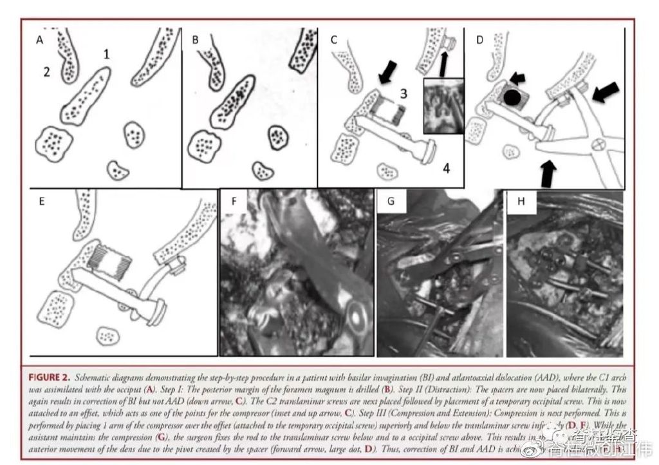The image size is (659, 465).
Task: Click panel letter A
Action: click(x=41, y=39)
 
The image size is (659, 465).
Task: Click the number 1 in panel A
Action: click(x=107, y=55)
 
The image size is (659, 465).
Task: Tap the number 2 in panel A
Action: click(x=46, y=71)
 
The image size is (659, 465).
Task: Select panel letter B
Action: click(x=195, y=39)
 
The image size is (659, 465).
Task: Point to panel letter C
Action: click(x=334, y=39)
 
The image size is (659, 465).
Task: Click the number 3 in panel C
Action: click(x=403, y=94)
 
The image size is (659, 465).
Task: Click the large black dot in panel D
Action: click(x=512, y=98)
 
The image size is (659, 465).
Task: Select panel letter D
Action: click(x=479, y=39)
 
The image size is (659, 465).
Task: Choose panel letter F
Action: click(x=235, y=202)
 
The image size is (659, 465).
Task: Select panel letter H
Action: click(x=521, y=202)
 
